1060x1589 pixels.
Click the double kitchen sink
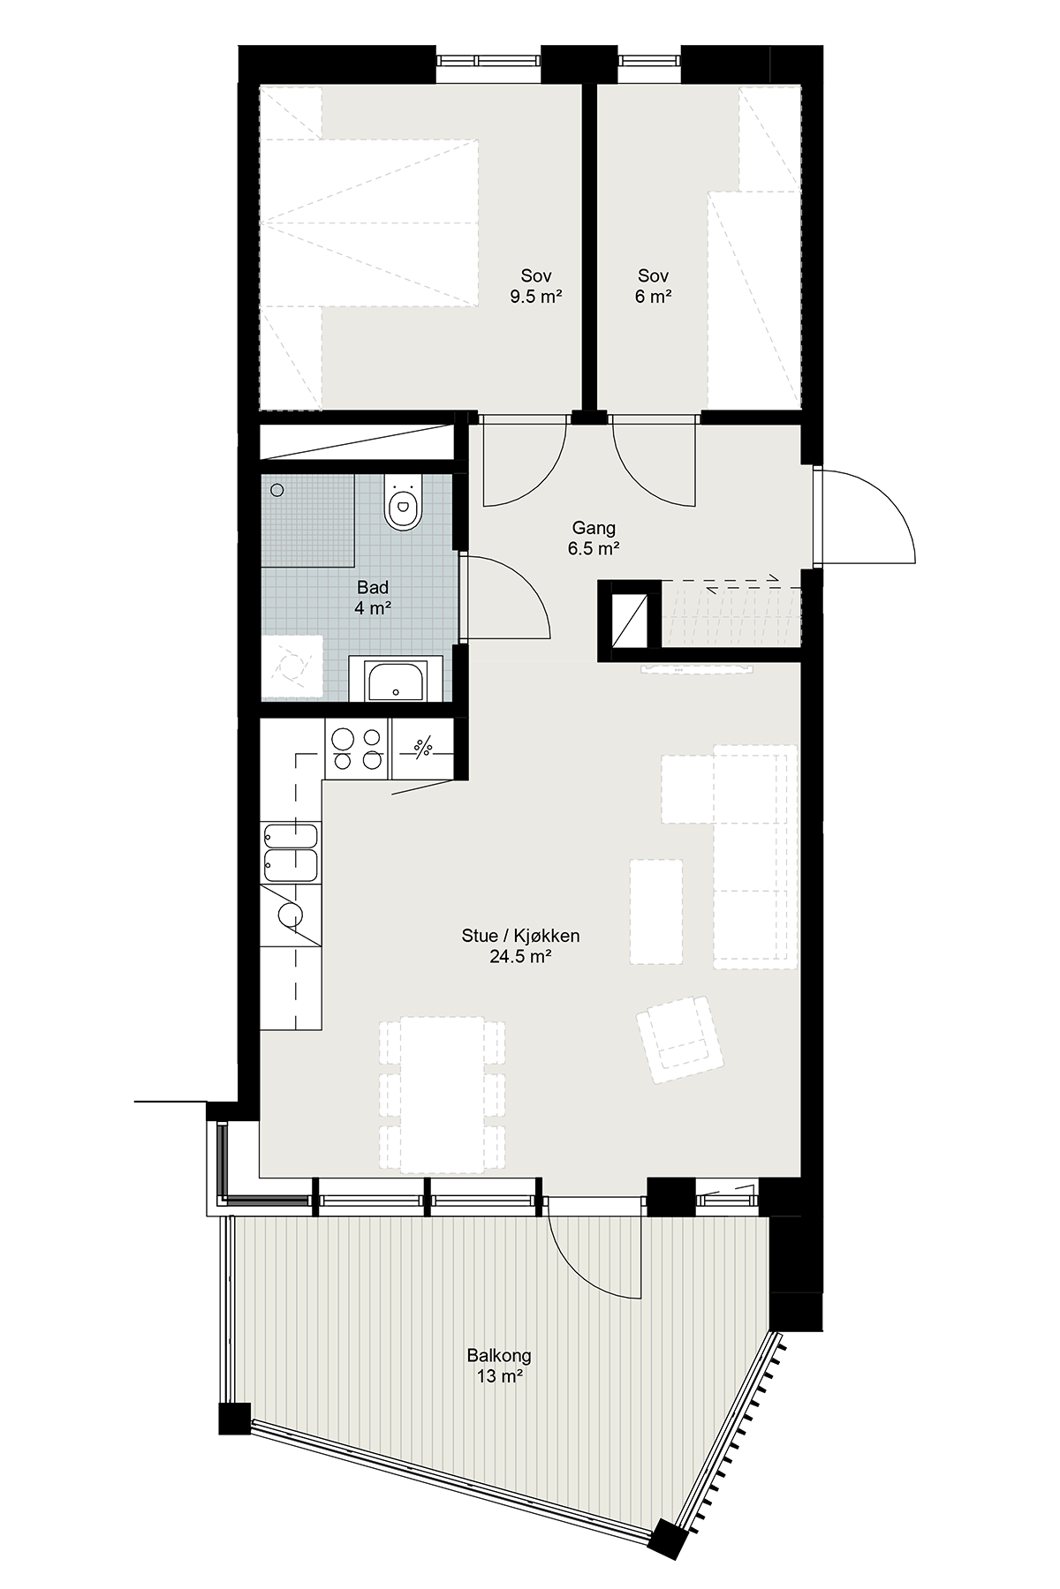[291, 852]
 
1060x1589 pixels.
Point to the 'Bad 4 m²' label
[373, 598]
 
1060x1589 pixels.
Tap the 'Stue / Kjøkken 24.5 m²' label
[521, 946]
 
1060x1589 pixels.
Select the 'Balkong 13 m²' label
[500, 1366]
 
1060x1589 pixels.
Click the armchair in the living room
[679, 1039]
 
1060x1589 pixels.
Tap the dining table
[443, 1095]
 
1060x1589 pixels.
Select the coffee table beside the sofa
[656, 911]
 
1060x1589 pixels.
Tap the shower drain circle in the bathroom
[277, 489]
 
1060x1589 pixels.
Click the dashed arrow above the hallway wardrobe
[720, 579]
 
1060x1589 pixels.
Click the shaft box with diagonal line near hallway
[630, 621]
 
